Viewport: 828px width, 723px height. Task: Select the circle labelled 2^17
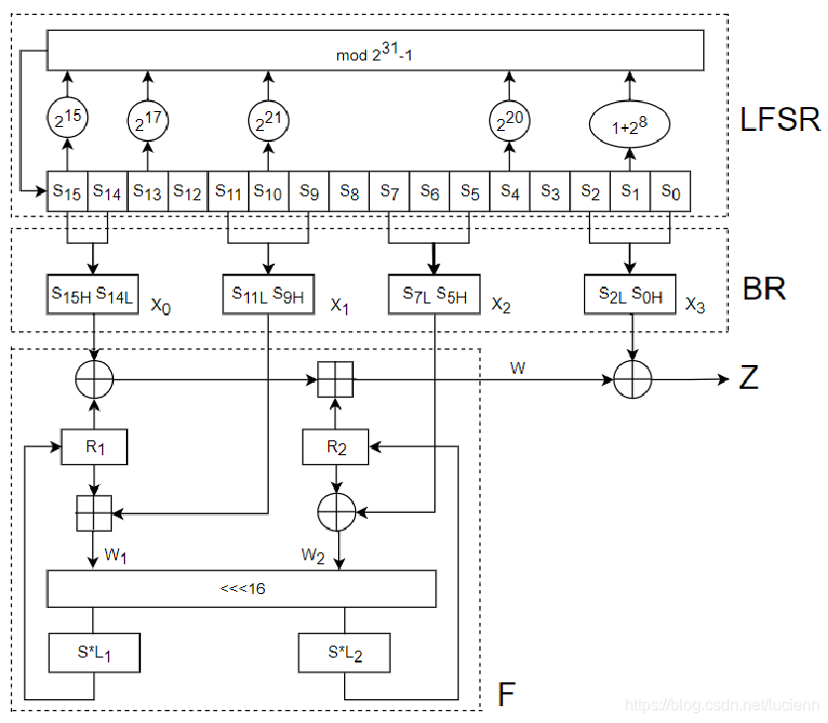pos(150,121)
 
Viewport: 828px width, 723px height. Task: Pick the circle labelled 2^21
pos(268,121)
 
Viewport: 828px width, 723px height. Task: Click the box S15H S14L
pos(93,293)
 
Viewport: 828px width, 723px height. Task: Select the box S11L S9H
pos(269,293)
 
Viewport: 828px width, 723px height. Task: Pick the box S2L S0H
pos(630,293)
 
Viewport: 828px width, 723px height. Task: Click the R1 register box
pos(93,447)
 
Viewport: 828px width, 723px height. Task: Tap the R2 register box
pos(335,447)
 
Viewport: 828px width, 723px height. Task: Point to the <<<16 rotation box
pos(242,588)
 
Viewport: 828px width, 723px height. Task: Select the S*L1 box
pos(93,653)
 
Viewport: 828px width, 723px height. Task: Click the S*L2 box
pos(343,653)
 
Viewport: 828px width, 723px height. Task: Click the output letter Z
pos(749,378)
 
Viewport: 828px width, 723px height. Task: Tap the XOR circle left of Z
pos(630,379)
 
